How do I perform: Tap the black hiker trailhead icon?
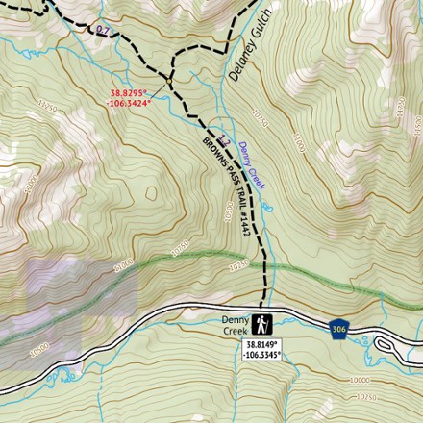262,324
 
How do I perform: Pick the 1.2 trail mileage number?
224,138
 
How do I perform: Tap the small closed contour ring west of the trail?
151,193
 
